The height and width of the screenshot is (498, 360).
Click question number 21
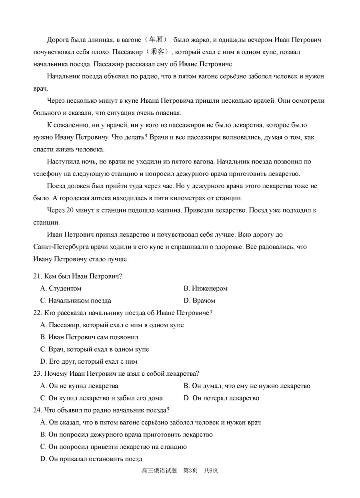click(38, 276)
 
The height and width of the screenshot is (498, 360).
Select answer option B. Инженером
click(206, 289)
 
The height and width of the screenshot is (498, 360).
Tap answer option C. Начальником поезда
click(76, 301)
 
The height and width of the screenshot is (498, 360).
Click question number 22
click(38, 313)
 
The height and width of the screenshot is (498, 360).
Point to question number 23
click(38, 374)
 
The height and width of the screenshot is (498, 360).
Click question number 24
click(38, 410)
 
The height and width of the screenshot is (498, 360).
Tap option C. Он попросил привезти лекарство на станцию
click(114, 447)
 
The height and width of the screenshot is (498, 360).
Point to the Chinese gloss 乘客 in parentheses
click(158, 52)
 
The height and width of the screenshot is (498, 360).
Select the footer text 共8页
click(211, 471)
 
